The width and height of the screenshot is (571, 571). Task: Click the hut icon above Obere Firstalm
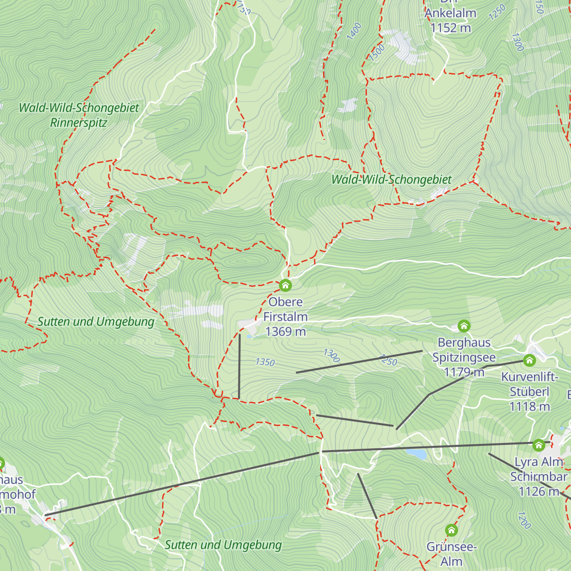tap(285, 285)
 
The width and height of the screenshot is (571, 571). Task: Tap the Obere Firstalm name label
tap(285, 309)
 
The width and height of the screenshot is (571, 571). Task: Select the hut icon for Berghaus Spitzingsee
tap(464, 326)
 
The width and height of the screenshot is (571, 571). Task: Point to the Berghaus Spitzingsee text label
tap(464, 350)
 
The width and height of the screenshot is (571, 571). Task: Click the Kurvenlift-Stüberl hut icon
tap(529, 361)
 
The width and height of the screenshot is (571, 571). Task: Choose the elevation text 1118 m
tap(529, 407)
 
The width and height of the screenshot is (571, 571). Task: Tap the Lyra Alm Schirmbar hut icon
tap(538, 445)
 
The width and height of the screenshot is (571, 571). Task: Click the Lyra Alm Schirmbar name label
tap(539, 469)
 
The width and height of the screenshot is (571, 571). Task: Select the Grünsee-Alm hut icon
tap(451, 530)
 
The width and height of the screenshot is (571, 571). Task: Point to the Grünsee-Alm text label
tap(451, 554)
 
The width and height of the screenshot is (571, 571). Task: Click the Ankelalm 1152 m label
tap(450, 20)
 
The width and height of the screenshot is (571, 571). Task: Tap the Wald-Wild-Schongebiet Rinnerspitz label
tap(79, 115)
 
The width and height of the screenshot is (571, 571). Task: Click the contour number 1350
tap(265, 362)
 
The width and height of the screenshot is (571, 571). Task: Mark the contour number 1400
tap(354, 31)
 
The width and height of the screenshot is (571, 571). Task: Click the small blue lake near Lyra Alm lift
tap(416, 454)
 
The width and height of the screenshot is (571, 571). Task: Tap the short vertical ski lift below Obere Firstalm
tap(239, 366)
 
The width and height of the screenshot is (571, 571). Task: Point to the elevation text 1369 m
tap(285, 332)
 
